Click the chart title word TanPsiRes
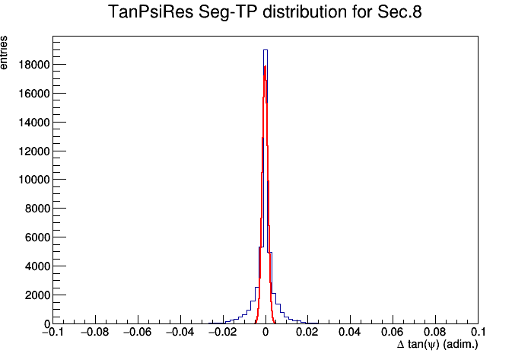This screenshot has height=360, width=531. [x=151, y=12]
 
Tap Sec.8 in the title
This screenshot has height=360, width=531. [x=399, y=12]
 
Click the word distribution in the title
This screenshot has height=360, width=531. [x=305, y=12]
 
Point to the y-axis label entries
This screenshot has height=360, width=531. [x=3, y=53]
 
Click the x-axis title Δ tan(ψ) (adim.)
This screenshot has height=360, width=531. [x=437, y=345]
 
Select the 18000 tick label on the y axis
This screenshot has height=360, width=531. [x=34, y=65]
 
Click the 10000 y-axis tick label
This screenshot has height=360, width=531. [x=34, y=180]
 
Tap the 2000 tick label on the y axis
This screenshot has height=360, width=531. [x=37, y=295]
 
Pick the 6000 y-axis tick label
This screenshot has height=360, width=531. [x=37, y=237]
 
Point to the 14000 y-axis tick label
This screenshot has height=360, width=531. [x=34, y=123]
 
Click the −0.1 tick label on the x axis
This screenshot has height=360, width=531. [x=52, y=332]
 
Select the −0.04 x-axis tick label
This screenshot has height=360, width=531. [x=180, y=332]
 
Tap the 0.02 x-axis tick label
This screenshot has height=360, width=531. [x=307, y=332]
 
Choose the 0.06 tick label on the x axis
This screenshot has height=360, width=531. [x=393, y=332]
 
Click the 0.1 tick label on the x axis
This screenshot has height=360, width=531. [x=478, y=332]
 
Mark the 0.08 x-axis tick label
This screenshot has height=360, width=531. [x=435, y=332]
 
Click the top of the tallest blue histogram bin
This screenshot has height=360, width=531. [x=265, y=50]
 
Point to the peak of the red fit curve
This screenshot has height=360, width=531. [x=265, y=66]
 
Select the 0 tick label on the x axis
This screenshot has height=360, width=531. [x=265, y=332]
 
